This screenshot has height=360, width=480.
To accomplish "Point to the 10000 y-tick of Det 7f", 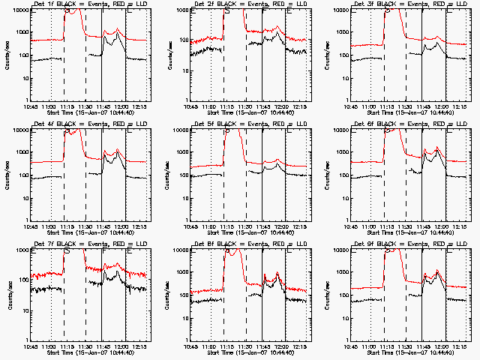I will click(x=18, y=250).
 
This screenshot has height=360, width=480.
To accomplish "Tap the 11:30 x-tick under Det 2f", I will click(x=246, y=108).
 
